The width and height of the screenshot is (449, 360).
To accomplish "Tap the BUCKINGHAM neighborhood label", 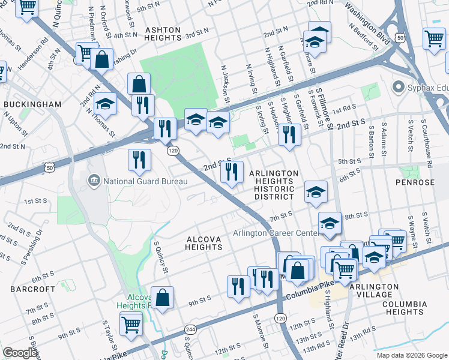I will [32, 104].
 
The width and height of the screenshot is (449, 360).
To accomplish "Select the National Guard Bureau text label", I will [142, 181].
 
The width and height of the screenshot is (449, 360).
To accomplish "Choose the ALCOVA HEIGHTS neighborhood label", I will [203, 243].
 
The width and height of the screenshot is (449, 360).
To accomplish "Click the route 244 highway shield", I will [191, 330].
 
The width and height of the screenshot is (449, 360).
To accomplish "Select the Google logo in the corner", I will [20, 353].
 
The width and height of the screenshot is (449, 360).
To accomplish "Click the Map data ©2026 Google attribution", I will [411, 355].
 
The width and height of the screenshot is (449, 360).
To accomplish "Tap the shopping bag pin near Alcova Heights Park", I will [162, 297].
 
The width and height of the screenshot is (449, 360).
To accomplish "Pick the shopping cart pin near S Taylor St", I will [131, 325].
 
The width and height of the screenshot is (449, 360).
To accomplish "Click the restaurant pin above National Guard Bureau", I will [138, 160].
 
